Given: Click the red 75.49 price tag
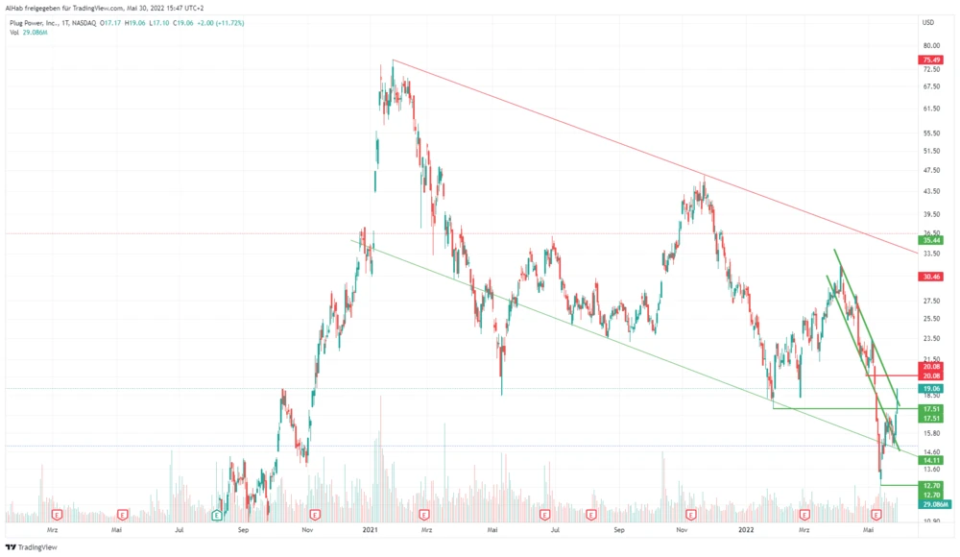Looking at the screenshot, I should (929, 60).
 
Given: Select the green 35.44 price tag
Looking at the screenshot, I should (929, 239).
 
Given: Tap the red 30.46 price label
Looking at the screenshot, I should (929, 276).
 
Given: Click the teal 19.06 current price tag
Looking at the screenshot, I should (929, 389).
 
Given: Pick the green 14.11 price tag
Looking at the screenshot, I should (929, 460).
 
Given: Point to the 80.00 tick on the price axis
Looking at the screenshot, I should (929, 45).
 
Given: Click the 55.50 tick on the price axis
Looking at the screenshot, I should (929, 133).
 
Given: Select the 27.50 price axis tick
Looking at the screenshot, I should (929, 301).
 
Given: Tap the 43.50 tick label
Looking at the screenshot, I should (929, 192).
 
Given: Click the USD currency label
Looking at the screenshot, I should (928, 22).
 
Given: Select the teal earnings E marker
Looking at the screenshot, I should (217, 515).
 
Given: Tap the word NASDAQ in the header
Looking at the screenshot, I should (87, 22).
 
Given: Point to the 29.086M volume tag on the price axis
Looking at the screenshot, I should (933, 504).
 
